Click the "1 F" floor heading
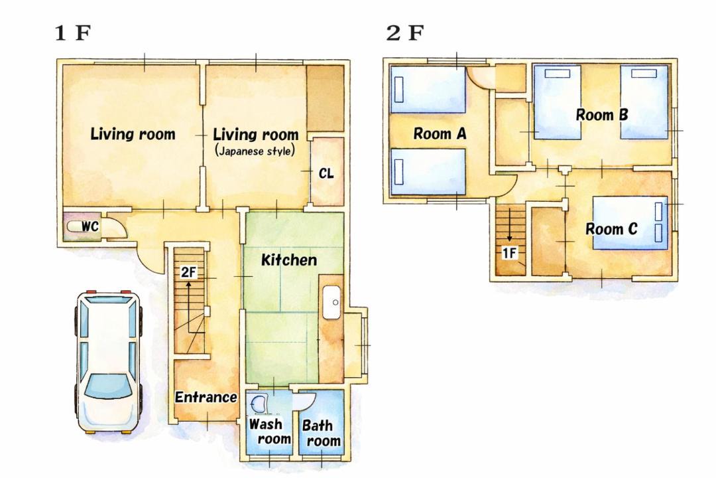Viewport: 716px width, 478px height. click(73, 33)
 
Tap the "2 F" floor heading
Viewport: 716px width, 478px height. click(404, 33)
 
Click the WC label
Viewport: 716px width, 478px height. click(90, 226)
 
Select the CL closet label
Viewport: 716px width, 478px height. click(326, 173)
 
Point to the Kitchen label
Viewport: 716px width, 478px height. click(289, 260)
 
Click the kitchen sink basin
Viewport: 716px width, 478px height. click(331, 302)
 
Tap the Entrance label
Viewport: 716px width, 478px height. click(206, 397)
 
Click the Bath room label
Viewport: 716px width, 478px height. click(321, 433)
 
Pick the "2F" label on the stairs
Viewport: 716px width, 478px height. click(188, 273)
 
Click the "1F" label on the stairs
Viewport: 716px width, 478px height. click(510, 252)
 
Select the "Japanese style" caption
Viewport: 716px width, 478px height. click(255, 151)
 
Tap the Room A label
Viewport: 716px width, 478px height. click(440, 133)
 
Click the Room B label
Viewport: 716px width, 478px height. click(602, 114)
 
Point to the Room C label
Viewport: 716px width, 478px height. click(611, 228)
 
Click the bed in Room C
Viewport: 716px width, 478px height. click(630, 223)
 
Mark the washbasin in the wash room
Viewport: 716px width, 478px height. click(259, 404)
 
